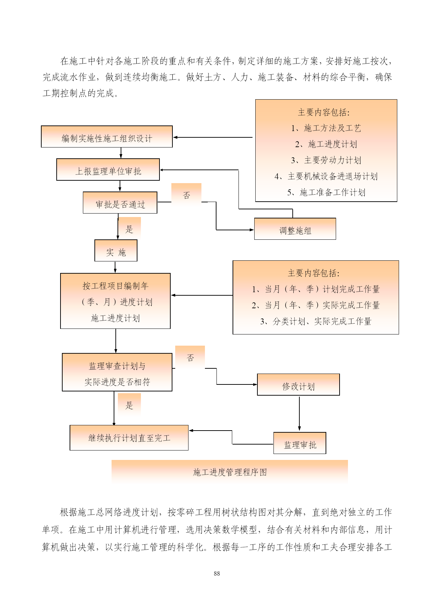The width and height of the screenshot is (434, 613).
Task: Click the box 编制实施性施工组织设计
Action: [x=107, y=136]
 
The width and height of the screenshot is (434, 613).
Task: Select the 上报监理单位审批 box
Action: [x=108, y=170]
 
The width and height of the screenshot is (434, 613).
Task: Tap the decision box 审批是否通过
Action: [x=120, y=202]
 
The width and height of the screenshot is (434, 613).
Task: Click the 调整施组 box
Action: [x=295, y=229]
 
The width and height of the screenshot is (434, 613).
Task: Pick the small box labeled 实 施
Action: [x=116, y=250]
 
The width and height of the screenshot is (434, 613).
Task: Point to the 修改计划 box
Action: [x=298, y=384]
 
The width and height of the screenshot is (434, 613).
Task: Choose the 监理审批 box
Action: [x=300, y=443]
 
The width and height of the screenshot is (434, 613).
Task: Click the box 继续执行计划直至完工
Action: [x=129, y=438]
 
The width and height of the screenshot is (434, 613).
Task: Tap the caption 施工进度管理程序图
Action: [x=230, y=473]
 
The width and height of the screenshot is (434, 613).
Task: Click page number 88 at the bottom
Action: [x=217, y=574]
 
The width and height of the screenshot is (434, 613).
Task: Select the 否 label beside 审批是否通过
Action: [x=186, y=195]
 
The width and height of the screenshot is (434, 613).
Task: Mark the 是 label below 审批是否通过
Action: [x=129, y=229]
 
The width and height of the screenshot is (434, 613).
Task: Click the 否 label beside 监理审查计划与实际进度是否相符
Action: [x=190, y=358]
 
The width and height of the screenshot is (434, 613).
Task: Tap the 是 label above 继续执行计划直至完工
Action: [x=129, y=405]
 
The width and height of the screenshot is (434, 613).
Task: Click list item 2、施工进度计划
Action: [x=326, y=144]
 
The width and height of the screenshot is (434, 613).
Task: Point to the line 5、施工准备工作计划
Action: [x=326, y=192]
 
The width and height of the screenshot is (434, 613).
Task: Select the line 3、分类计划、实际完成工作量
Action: [x=315, y=321]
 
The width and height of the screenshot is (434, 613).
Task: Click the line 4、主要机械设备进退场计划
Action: [x=326, y=176]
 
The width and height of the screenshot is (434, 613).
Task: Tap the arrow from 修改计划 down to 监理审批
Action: [x=299, y=414]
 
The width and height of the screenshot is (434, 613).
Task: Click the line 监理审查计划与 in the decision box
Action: [x=117, y=366]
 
